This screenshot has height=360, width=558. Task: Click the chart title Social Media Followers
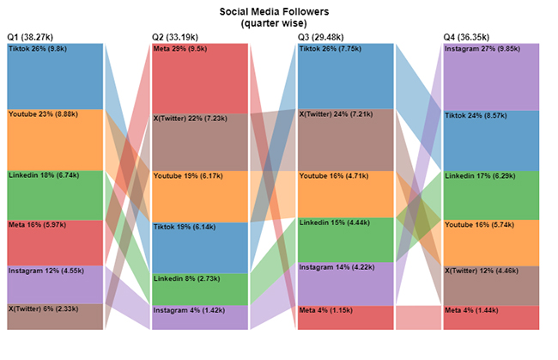(x=278, y=11)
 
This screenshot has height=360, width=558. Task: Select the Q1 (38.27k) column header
(x=31, y=38)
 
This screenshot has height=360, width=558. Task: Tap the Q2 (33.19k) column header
(x=176, y=38)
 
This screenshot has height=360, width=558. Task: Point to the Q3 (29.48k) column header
(x=322, y=38)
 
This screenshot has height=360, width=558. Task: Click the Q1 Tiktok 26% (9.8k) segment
(x=55, y=76)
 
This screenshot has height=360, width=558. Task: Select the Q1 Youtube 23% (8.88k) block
(x=55, y=139)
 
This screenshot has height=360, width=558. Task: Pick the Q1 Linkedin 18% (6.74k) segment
(x=55, y=195)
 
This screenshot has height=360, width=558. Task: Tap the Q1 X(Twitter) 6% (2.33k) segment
(x=55, y=316)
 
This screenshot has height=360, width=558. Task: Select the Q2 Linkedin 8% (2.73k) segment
(x=200, y=290)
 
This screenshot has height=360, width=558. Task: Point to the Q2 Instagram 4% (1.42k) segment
(x=200, y=318)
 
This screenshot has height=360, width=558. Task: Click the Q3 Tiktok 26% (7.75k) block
(x=345, y=76)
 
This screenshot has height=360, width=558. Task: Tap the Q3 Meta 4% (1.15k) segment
(x=345, y=317)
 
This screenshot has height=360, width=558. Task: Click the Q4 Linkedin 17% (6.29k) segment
(x=491, y=195)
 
